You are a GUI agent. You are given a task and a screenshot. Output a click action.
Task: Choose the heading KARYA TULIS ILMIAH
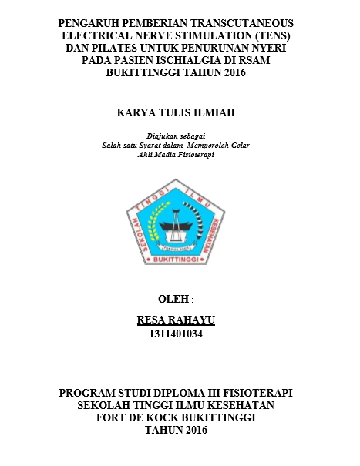pos(180,112)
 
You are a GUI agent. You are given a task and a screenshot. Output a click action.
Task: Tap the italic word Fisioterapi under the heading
pos(193,154)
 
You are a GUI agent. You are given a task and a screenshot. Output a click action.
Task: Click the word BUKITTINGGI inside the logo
pos(180,261)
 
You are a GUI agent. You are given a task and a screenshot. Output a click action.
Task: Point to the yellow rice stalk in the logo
pos(158,224)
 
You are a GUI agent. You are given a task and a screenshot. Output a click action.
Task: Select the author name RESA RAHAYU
pos(180,320)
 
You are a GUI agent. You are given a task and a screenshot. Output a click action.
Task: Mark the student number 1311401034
pos(180,334)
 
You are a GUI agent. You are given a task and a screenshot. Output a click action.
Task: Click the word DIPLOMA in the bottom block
pos(169,393)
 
